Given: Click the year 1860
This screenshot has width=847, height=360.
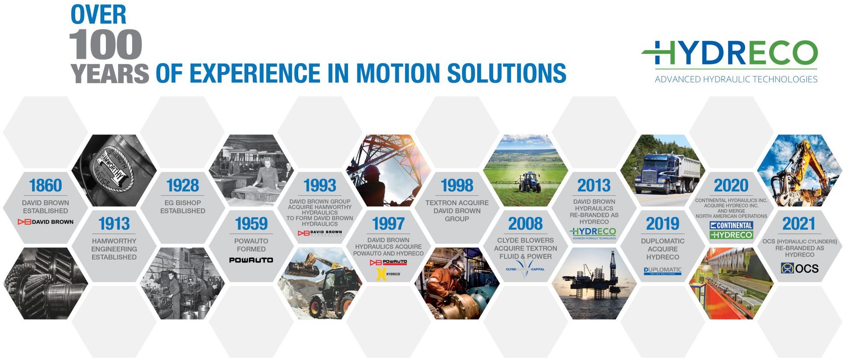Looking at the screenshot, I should (45, 185).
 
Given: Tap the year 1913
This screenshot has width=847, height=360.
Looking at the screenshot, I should (114, 223).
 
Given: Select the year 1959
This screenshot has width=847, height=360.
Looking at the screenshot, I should (251, 223).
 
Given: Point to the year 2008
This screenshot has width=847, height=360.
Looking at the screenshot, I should (525, 223).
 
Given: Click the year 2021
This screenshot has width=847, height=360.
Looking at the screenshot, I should (799, 223).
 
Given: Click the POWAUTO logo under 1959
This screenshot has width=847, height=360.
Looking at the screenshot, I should (251, 260).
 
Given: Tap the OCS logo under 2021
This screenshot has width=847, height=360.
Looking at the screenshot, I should (799, 268).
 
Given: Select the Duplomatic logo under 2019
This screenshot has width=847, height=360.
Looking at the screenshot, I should (662, 271).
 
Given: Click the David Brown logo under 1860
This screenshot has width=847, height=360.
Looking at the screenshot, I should (45, 222).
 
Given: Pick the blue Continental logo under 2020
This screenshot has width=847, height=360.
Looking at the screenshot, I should (731, 226).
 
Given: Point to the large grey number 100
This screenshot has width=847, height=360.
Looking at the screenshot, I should (105, 45).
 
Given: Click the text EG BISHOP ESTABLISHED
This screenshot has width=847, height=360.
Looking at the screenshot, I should (182, 206).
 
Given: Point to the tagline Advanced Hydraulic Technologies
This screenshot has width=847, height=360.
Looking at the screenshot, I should (736, 79).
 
